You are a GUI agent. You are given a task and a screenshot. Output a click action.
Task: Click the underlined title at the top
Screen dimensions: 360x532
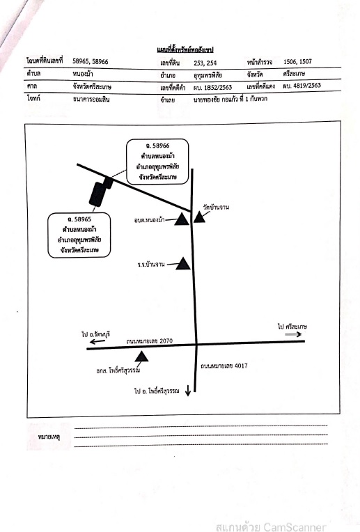(185, 49)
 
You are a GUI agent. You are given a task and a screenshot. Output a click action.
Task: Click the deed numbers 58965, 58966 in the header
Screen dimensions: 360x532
(91, 61)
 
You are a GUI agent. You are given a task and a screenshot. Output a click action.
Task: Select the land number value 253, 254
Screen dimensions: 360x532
(205, 63)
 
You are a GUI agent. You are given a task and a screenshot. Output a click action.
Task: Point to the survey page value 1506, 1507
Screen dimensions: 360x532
(297, 61)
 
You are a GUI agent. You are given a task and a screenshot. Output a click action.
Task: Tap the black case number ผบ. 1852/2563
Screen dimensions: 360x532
(213, 87)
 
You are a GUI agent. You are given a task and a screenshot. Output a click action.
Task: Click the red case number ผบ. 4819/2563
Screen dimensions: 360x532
(302, 86)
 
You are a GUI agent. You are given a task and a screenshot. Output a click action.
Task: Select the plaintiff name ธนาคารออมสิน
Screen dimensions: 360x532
(91, 99)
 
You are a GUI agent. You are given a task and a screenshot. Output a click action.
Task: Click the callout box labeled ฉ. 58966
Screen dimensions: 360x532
(157, 162)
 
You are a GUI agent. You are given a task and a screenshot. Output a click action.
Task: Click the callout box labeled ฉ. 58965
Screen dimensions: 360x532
(79, 235)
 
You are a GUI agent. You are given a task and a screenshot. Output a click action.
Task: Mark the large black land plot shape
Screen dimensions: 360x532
(97, 194)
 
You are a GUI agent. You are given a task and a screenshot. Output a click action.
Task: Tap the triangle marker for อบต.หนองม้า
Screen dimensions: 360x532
(182, 219)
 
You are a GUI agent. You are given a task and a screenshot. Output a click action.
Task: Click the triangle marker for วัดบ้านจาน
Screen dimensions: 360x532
(199, 217)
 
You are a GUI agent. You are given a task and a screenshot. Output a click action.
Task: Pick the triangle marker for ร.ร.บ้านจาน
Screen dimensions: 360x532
(183, 264)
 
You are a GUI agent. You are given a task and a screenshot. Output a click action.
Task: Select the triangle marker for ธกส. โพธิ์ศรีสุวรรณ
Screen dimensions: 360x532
(141, 357)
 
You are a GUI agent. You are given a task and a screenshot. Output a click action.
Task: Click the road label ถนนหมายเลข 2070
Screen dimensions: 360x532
(149, 341)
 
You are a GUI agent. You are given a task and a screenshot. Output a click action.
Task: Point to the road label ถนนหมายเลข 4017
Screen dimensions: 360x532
(224, 366)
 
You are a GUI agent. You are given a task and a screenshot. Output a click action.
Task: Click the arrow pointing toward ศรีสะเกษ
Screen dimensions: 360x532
(293, 334)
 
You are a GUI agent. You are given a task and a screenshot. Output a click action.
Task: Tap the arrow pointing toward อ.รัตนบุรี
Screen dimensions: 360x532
(97, 341)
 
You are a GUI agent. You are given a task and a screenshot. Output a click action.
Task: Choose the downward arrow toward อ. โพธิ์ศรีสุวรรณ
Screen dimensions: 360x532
(188, 391)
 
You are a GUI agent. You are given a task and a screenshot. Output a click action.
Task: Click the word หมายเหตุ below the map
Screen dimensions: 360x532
(49, 437)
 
